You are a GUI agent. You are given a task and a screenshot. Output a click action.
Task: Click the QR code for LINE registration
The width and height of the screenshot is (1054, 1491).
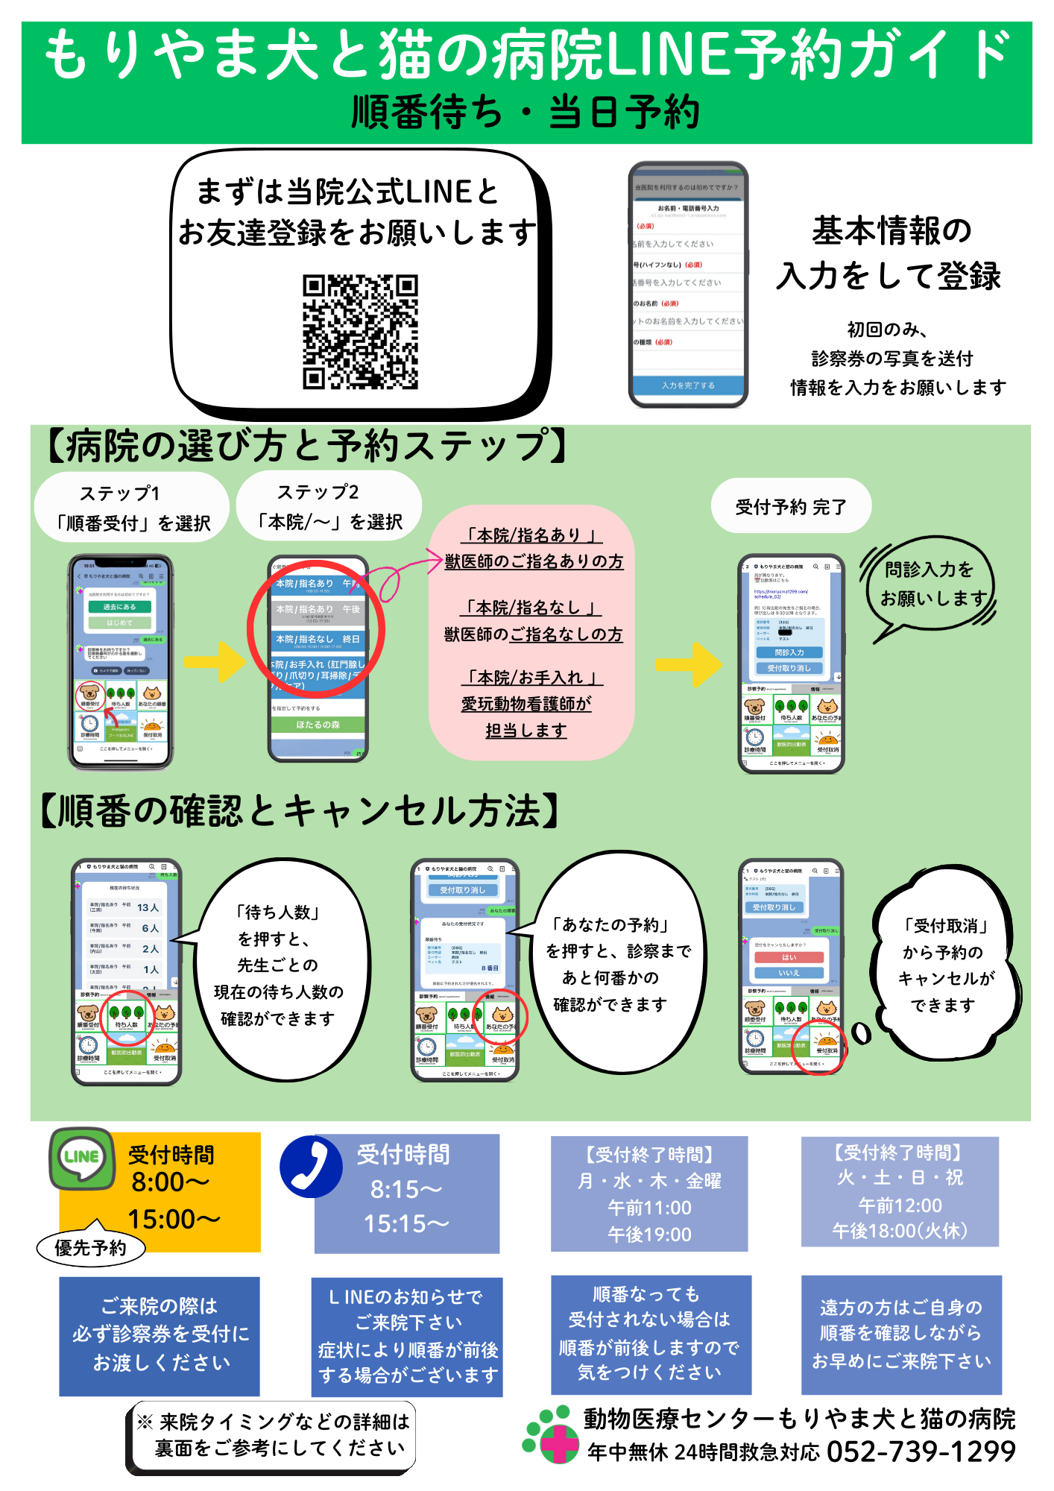[x=360, y=332]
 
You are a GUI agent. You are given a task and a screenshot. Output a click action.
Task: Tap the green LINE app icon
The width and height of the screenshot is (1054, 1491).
[x=82, y=1157]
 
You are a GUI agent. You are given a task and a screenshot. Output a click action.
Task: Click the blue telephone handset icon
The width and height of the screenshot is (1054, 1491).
[x=311, y=1167]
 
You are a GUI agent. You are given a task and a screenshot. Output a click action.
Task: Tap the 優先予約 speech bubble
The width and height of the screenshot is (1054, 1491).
[x=91, y=1247]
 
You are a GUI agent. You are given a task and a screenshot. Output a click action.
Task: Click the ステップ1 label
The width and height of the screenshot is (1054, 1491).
[x=119, y=494]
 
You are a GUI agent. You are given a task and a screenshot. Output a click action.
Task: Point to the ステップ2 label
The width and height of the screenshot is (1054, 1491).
[x=318, y=492]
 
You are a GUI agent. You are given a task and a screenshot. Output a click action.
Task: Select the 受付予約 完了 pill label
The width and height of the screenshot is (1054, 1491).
[x=791, y=507]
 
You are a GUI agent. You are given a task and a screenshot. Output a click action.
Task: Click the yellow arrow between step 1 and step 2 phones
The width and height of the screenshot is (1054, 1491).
[x=215, y=661]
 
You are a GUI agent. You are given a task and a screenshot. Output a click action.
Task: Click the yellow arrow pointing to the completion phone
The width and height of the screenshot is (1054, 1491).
[x=689, y=663]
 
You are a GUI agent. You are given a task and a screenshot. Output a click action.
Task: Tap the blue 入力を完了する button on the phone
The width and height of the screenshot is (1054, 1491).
[x=688, y=385]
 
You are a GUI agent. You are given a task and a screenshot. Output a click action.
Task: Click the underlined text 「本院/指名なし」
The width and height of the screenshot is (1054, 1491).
[x=532, y=608]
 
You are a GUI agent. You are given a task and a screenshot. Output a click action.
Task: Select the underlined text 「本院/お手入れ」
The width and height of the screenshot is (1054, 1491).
[x=532, y=678]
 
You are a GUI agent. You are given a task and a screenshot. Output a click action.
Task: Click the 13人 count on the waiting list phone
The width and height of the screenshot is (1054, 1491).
[x=148, y=907]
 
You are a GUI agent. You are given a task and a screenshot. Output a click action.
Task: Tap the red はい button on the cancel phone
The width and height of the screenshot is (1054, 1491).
[x=789, y=957]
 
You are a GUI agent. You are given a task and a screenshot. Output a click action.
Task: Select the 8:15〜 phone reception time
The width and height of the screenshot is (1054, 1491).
[x=406, y=1189]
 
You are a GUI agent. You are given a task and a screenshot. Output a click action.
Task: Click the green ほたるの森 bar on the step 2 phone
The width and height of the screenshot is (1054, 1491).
[x=318, y=725]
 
